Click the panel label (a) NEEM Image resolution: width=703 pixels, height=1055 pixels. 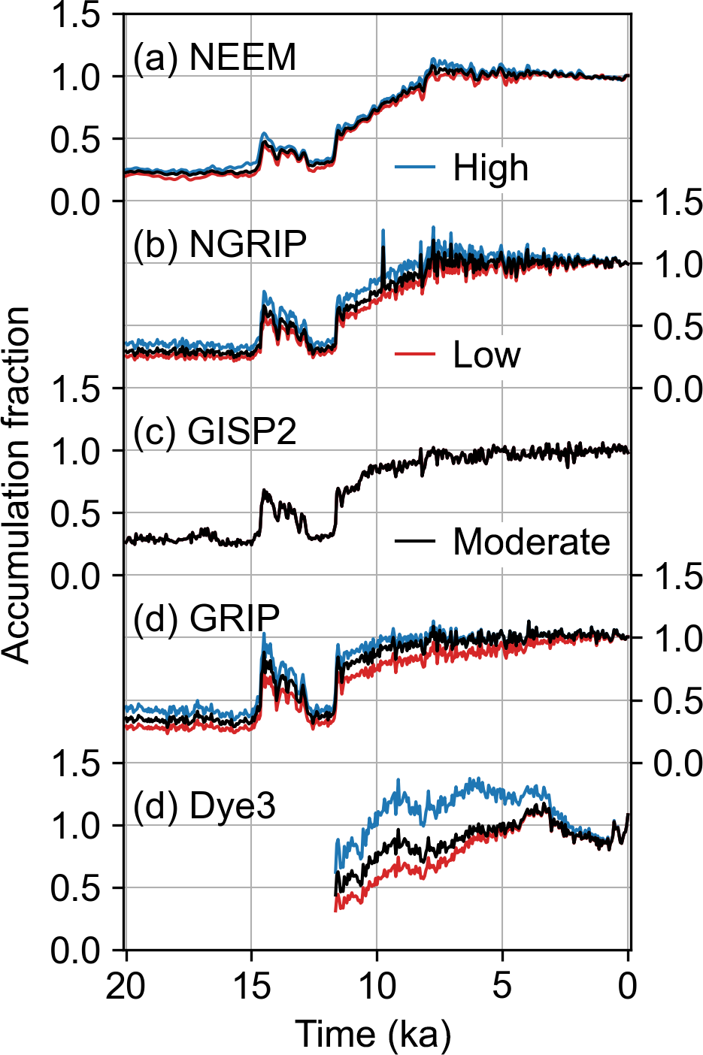(x=214, y=58)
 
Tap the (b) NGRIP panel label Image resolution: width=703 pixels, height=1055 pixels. (x=220, y=244)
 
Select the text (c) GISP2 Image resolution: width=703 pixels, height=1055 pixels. (x=214, y=431)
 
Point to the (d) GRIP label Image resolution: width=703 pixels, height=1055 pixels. (x=206, y=618)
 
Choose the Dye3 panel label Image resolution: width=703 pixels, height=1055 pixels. (x=205, y=806)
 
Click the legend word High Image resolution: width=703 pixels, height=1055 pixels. (x=490, y=168)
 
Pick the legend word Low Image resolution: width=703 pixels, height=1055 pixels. (x=486, y=354)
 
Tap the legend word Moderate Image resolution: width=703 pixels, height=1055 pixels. (x=531, y=541)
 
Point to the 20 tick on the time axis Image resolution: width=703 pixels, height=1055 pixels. (x=126, y=986)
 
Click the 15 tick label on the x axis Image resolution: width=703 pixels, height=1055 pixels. (x=251, y=986)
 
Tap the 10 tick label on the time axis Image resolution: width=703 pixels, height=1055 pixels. (x=377, y=986)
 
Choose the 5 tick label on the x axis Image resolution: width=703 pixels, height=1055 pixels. (x=502, y=986)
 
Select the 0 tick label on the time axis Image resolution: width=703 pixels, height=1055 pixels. (x=628, y=986)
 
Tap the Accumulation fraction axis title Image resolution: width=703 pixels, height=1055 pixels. (x=17, y=484)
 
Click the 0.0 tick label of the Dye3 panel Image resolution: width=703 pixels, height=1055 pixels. (x=75, y=951)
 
